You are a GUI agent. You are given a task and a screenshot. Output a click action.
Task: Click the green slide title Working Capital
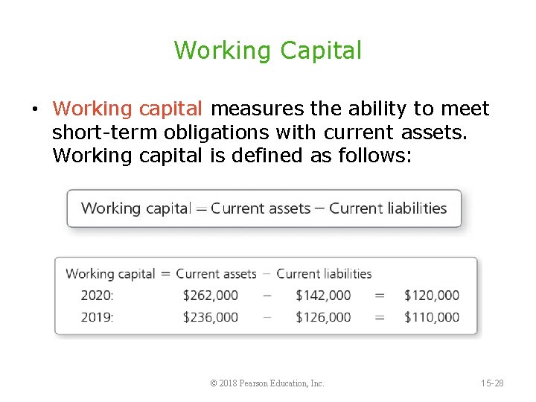tap(267, 51)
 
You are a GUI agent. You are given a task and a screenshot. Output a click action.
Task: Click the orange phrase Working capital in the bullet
tap(127, 109)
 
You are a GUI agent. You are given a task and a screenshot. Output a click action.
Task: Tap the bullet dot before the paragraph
tap(35, 110)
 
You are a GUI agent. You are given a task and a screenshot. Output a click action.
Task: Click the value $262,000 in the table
tap(210, 296)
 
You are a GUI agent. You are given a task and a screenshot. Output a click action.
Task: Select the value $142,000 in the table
tap(323, 296)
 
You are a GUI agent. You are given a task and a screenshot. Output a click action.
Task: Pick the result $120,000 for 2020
tap(432, 296)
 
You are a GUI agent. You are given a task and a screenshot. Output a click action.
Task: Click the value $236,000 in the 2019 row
tap(210, 317)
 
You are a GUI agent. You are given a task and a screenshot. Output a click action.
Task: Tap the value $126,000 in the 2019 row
tap(323, 317)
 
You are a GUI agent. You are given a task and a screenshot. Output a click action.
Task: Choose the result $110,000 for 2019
tap(432, 317)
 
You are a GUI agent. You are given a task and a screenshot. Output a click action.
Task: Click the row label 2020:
tap(97, 296)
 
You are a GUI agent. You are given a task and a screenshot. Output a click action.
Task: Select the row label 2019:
tap(97, 317)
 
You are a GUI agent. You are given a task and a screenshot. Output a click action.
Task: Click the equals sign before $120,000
tap(380, 296)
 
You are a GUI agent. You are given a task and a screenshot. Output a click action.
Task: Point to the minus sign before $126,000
tap(267, 317)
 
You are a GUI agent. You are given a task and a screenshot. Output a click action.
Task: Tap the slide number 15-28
tap(491, 383)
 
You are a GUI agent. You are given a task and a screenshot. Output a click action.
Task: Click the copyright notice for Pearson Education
tap(267, 383)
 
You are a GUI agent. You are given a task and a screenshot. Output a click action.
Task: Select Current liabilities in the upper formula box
tap(388, 208)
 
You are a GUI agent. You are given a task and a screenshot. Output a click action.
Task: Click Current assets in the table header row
tap(216, 274)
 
